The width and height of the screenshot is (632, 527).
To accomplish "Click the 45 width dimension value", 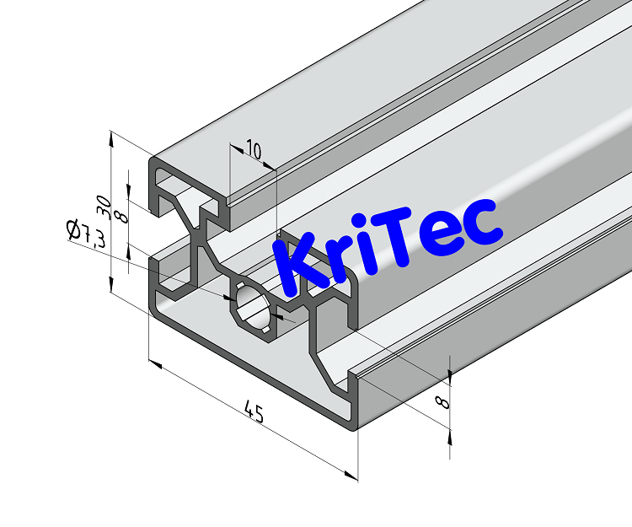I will [254, 413].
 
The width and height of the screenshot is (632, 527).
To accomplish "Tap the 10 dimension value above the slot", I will [253, 151].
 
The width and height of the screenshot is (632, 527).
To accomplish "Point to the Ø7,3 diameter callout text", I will [85, 233].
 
